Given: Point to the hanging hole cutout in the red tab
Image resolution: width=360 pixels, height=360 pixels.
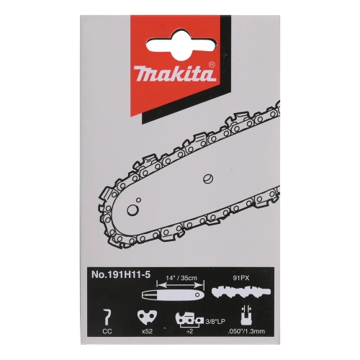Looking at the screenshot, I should [179, 31].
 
